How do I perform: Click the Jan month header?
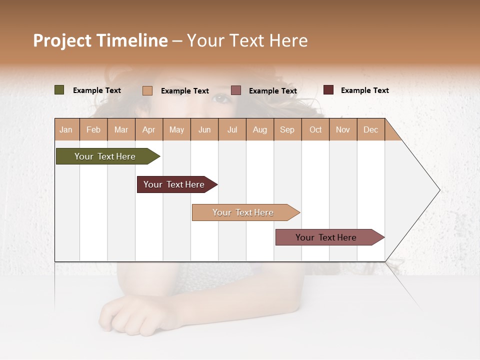66,129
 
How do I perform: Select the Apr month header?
148,129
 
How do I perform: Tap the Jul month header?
232,129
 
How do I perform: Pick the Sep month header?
287,129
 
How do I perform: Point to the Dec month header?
370,129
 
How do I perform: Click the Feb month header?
93,129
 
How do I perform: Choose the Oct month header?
315,129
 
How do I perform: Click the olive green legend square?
59,90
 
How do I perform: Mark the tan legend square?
147,90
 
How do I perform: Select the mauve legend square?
236,90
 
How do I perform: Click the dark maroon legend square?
328,90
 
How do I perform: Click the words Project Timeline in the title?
100,40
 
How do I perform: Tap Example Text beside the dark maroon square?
364,90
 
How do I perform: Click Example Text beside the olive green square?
96,90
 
